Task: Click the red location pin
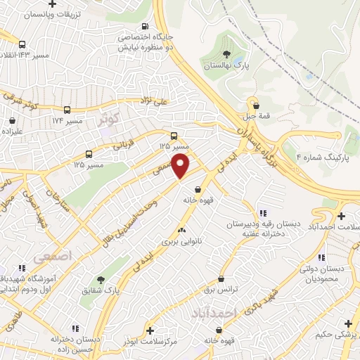pyautogui.click(x=181, y=166)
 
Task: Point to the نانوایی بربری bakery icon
pyautogui.click(x=181, y=229)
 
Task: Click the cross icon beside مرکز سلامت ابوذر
pyautogui.click(x=150, y=330)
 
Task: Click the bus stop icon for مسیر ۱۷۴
pyautogui.click(x=67, y=110)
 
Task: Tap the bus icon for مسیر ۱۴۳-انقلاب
pyautogui.click(x=22, y=44)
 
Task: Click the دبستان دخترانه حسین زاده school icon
pyautogui.click(x=74, y=328)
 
